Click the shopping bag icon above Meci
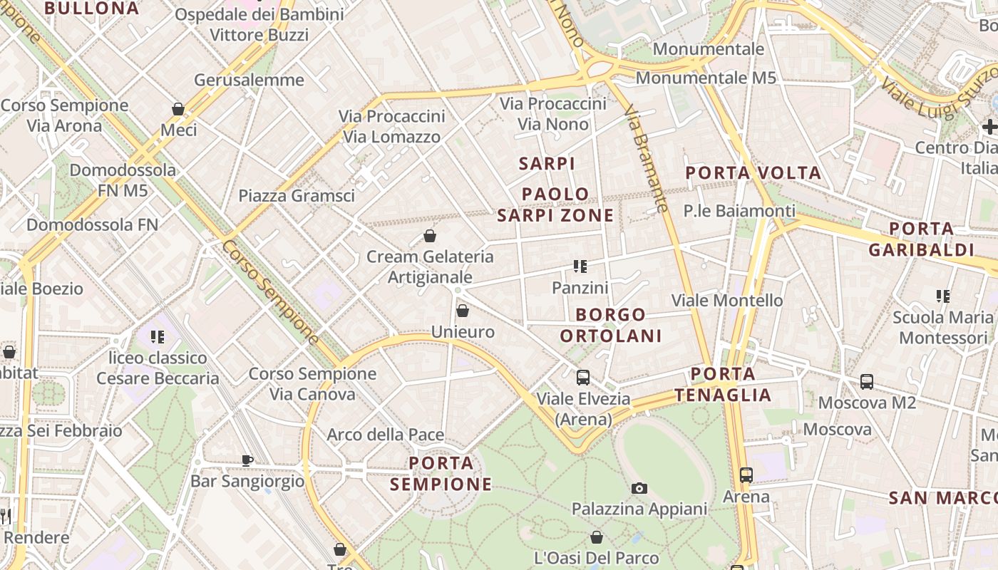coord(178,109)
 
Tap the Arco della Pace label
coord(385,435)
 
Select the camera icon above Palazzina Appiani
coord(639,488)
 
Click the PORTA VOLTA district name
coord(753,173)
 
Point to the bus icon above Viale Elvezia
coord(583,378)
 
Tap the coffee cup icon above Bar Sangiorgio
coord(247,460)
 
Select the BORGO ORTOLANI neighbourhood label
coord(611,325)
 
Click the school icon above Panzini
coord(580,266)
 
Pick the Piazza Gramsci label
coord(296,195)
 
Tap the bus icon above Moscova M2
coord(867,381)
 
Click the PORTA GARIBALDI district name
coord(921,239)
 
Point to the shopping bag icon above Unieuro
coord(463,311)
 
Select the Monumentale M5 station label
coord(705,78)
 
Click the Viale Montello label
coord(727,300)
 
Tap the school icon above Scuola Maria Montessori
coord(943,296)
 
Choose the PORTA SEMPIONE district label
coord(441,474)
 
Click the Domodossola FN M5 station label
coord(123,180)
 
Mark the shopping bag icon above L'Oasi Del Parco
coord(597,537)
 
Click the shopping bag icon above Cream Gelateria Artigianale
coord(430,236)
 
